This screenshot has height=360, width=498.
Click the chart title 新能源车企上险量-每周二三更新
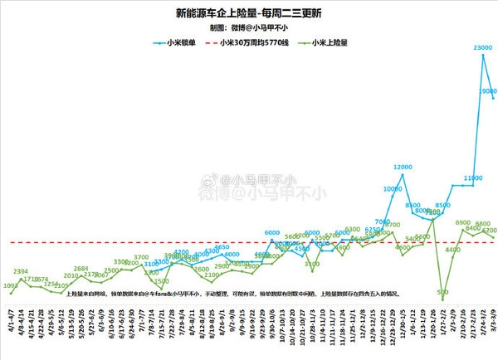point(248,14)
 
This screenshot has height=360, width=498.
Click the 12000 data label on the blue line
point(403,168)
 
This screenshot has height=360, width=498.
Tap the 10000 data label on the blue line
point(393,189)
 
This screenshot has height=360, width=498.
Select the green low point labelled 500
point(443,292)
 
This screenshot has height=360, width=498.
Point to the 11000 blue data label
point(473,178)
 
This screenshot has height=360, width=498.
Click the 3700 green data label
point(141,257)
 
